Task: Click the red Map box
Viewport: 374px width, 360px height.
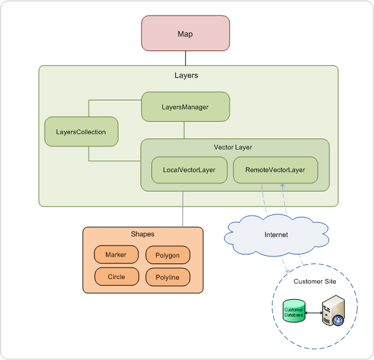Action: [185, 33]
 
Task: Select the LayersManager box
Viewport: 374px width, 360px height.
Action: [185, 107]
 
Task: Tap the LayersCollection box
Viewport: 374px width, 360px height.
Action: [81, 131]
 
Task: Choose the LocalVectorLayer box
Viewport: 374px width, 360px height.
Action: [190, 170]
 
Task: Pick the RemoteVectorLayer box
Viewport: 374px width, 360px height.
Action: [275, 170]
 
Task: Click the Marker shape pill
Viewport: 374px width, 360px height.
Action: [116, 254]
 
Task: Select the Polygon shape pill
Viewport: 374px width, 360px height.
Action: [168, 255]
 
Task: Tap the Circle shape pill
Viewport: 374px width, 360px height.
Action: [116, 276]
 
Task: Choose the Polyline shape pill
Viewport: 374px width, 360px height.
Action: [168, 277]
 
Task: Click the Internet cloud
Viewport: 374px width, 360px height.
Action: [276, 235]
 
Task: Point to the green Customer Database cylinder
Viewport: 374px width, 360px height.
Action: [294, 311]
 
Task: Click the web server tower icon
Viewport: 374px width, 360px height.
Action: [333, 310]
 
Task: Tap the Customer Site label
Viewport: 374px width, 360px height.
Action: [315, 281]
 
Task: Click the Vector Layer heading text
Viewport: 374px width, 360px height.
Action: [233, 147]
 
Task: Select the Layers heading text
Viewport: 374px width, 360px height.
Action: [186, 75]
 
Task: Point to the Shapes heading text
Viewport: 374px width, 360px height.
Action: [142, 234]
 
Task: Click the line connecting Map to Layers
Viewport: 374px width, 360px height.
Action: [186, 58]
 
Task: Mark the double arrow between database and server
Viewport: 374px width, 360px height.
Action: [314, 313]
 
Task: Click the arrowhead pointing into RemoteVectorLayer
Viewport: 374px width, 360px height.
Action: [282, 185]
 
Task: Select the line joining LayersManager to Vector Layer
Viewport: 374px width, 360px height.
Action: [184, 130]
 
